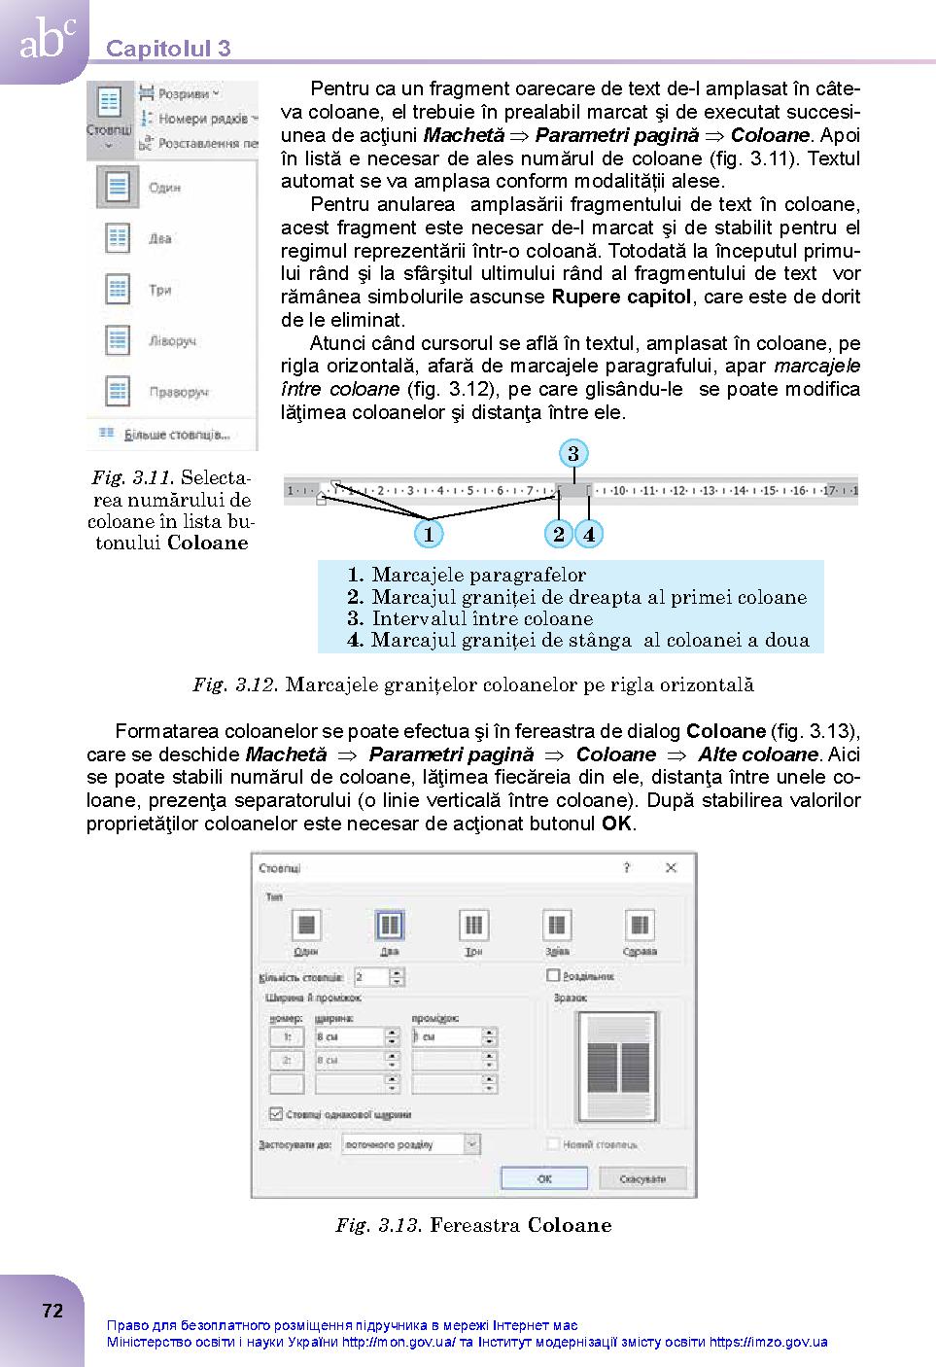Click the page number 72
click(52, 1311)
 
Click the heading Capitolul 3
click(168, 49)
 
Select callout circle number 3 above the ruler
click(573, 454)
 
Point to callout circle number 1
click(428, 534)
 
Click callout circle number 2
click(558, 534)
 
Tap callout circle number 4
click(589, 534)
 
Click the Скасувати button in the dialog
click(641, 1178)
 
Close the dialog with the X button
click(671, 867)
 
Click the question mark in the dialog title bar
click(627, 867)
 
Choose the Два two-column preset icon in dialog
click(389, 925)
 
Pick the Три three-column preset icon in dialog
click(473, 925)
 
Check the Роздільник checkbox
click(554, 975)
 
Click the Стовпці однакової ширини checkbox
click(276, 1114)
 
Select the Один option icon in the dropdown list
click(118, 187)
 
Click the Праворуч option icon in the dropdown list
click(118, 392)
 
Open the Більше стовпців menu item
click(175, 435)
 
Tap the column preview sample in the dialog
click(617, 1067)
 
